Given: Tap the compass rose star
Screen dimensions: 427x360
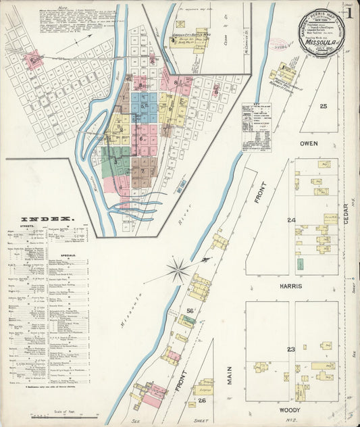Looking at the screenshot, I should click(179, 271).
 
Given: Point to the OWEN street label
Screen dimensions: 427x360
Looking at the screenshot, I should click(309, 144).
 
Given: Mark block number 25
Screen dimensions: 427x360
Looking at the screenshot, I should click(323, 106).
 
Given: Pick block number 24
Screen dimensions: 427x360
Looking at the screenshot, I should click(291, 220).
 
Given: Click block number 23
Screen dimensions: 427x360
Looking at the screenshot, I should click(290, 349).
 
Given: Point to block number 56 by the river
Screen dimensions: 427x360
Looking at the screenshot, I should click(190, 311).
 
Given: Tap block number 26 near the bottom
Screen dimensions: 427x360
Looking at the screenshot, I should click(202, 399).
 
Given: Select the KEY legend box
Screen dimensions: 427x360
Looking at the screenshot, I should click(257, 128).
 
